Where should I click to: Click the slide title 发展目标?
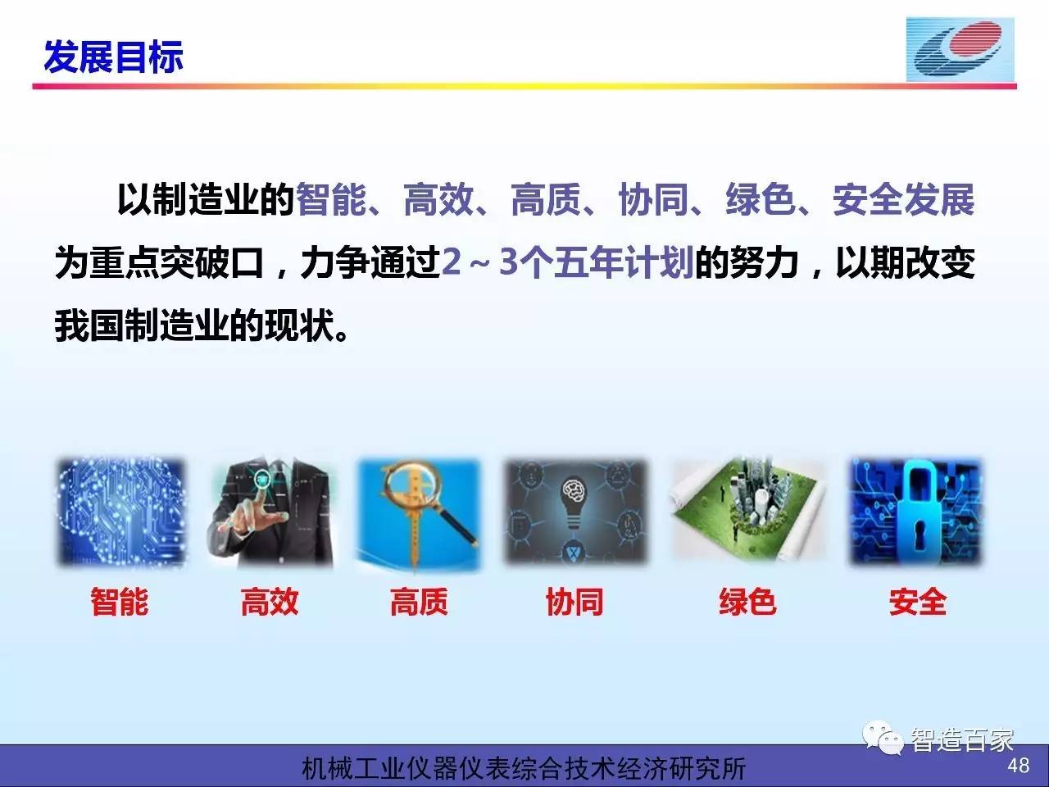113,57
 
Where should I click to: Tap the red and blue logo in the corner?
960,50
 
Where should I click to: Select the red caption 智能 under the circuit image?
120,601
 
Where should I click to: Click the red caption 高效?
270,601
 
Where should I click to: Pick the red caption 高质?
419,601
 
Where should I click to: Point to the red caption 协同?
574,601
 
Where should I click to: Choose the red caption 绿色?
748,601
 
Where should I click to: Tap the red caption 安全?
918,601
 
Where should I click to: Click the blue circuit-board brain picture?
121,512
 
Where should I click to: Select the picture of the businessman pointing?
270,512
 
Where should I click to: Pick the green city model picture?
748,509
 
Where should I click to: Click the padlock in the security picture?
915,512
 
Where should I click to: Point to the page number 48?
1018,766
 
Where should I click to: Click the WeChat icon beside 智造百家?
882,738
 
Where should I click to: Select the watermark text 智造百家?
961,740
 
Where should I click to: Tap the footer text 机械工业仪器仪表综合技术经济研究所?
524,768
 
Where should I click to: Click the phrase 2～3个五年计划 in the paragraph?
568,262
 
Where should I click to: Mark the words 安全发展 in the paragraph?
903,199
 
